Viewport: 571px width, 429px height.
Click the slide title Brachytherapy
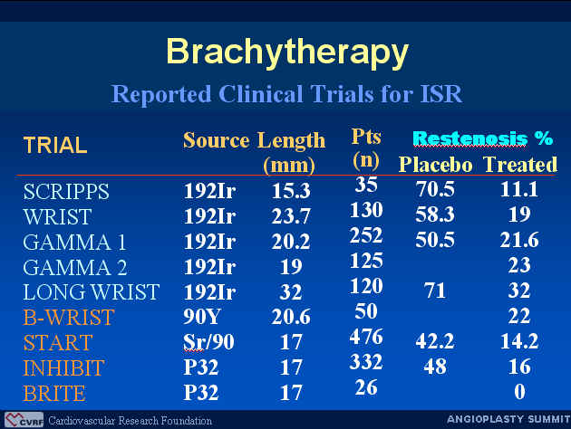click(x=287, y=52)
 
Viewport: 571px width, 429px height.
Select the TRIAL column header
click(x=55, y=145)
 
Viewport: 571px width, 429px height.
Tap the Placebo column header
click(x=436, y=165)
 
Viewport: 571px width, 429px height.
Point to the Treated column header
click(x=520, y=165)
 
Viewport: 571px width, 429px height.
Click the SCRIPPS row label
click(x=66, y=191)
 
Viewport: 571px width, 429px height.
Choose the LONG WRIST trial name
click(x=91, y=292)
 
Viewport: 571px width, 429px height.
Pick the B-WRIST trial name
click(x=69, y=317)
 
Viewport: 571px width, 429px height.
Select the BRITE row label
click(x=54, y=393)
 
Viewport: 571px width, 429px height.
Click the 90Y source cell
click(x=202, y=316)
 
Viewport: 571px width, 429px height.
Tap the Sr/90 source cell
click(x=208, y=342)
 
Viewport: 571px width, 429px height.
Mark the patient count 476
click(x=366, y=337)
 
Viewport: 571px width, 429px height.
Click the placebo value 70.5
click(x=435, y=189)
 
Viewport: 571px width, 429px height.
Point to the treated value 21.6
click(x=519, y=240)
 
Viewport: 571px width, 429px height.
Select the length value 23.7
click(x=291, y=216)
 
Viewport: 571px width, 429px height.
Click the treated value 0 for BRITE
click(x=519, y=392)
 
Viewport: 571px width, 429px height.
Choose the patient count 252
click(x=366, y=235)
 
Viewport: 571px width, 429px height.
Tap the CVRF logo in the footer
click(x=24, y=420)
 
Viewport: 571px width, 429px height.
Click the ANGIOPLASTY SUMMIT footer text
click(x=508, y=419)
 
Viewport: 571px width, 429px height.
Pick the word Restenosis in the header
click(x=470, y=138)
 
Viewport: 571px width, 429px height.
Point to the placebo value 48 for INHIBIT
click(x=435, y=367)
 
